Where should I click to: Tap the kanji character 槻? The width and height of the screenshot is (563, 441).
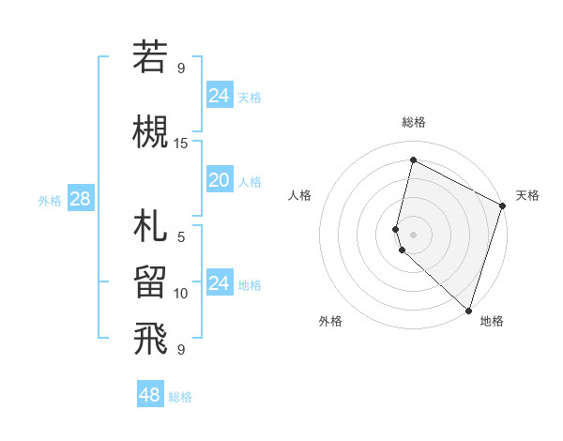(150, 131)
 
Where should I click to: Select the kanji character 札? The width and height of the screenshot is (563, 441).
(150, 227)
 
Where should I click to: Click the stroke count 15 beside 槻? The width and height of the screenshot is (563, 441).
(181, 144)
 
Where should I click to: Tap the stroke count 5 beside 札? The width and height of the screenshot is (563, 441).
(181, 236)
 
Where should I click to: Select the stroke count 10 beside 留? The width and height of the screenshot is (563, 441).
(181, 294)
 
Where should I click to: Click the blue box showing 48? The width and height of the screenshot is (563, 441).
(150, 395)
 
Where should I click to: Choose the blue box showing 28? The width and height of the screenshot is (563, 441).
(80, 199)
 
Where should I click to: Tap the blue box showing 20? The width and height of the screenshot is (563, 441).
(219, 180)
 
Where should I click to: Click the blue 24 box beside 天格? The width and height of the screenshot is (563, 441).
(219, 96)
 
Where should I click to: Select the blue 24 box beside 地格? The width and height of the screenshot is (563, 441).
(219, 283)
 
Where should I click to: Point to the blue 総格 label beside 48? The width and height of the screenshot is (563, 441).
(180, 397)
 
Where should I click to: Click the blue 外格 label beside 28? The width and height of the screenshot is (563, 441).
(50, 200)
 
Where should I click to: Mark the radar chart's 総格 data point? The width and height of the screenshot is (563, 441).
(413, 160)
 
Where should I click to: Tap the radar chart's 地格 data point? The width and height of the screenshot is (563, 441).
(468, 310)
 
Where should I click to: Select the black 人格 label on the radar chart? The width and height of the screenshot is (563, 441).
(300, 195)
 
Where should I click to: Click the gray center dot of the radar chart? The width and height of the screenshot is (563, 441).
(413, 234)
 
